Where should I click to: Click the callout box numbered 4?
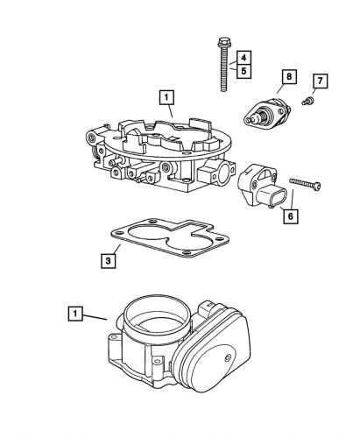[244, 58]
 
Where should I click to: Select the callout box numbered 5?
[244, 71]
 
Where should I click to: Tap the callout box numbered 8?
[289, 77]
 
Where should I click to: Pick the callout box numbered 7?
[321, 81]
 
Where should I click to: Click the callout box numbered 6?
[290, 216]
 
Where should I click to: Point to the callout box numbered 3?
[108, 261]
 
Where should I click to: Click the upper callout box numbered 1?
[166, 97]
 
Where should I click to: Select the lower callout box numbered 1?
[75, 314]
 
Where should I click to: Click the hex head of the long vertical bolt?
[224, 42]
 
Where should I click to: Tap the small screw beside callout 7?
[307, 102]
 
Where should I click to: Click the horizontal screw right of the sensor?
[305, 184]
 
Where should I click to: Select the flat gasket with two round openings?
[170, 237]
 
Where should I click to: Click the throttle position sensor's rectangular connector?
[272, 197]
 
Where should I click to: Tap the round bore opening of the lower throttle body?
[157, 314]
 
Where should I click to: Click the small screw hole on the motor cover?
[227, 357]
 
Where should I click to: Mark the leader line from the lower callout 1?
[95, 317]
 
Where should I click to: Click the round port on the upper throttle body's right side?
[223, 173]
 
